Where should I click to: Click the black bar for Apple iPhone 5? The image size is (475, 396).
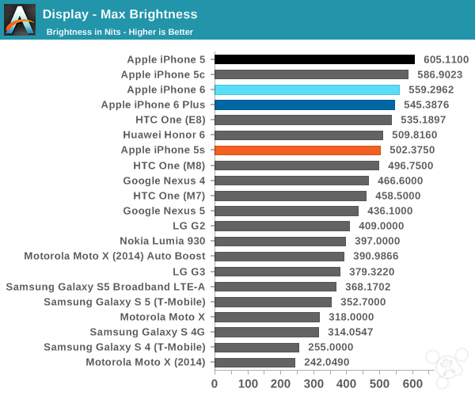pyautogui.click(x=314, y=59)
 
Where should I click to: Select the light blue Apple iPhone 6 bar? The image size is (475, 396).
pyautogui.click(x=307, y=89)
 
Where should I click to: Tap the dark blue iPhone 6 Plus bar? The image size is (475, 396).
pyautogui.click(x=305, y=105)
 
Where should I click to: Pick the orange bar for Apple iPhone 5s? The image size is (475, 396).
pyautogui.click(x=298, y=150)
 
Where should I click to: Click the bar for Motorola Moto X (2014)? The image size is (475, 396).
pyautogui.click(x=254, y=362)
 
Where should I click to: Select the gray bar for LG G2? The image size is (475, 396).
pyautogui.click(x=282, y=226)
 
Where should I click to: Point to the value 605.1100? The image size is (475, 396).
pyautogui.click(x=446, y=59)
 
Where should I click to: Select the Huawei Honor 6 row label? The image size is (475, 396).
pyautogui.click(x=164, y=135)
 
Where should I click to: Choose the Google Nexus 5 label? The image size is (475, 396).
pyautogui.click(x=164, y=211)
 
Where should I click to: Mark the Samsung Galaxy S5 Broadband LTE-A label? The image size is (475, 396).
pyautogui.click(x=105, y=286)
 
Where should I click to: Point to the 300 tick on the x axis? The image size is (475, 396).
pyautogui.click(x=313, y=383)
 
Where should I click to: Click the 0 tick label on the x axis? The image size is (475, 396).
pyautogui.click(x=215, y=383)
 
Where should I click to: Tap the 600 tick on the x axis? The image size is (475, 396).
pyautogui.click(x=413, y=383)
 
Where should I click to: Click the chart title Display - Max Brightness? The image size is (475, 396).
pyautogui.click(x=120, y=14)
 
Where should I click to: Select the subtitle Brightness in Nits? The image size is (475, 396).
pyautogui.click(x=120, y=32)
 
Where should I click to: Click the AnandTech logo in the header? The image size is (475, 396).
pyautogui.click(x=20, y=20)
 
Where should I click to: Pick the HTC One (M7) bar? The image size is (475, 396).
pyautogui.click(x=290, y=196)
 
